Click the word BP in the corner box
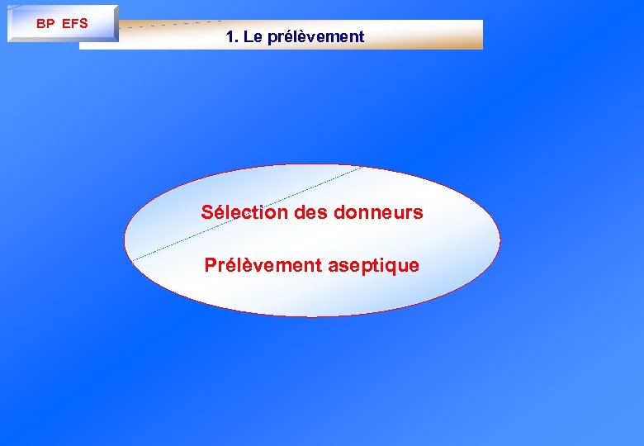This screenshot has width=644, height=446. (x=45, y=23)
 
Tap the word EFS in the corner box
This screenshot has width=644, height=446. (x=74, y=23)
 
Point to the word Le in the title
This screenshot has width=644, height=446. (x=252, y=37)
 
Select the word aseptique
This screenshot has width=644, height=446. (x=373, y=266)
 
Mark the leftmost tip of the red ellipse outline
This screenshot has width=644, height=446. (x=125, y=240)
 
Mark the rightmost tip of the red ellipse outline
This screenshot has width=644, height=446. (x=500, y=240)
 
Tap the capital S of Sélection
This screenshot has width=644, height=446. (x=207, y=212)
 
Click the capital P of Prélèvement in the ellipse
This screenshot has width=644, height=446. (x=211, y=266)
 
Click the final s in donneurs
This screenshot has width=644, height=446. (x=418, y=213)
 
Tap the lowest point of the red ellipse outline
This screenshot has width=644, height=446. (x=312, y=316)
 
